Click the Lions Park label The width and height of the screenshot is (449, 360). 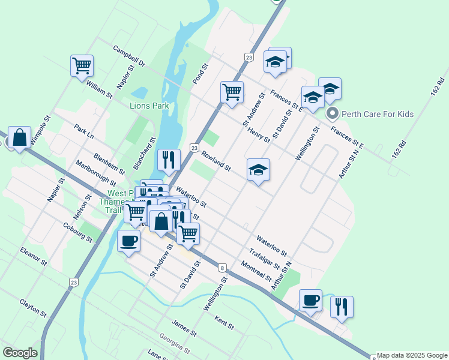[x=149, y=106]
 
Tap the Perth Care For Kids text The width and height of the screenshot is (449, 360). [x=378, y=114]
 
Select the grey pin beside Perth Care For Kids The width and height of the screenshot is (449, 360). [x=331, y=113]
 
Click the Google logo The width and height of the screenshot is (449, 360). [x=20, y=353]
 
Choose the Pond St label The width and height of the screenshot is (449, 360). [x=199, y=74]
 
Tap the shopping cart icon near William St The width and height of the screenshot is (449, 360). [x=82, y=65]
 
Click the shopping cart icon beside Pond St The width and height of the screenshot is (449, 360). [x=232, y=92]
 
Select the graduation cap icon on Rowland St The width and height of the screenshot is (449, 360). [x=258, y=169]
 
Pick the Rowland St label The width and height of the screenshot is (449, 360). [x=216, y=161]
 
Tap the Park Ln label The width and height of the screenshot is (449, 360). [x=84, y=133]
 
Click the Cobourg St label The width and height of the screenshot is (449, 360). [x=77, y=233]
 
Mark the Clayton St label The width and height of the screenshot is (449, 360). [x=32, y=308]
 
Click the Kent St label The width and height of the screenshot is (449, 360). [x=224, y=323]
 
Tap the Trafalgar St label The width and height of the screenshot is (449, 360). [x=265, y=259]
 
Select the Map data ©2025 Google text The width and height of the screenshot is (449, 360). [x=412, y=355]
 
